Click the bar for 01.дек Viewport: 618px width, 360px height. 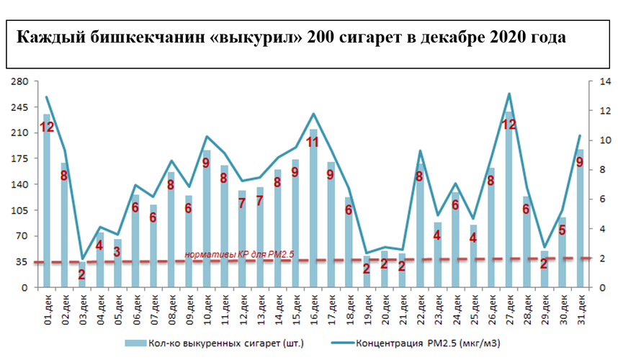point(47,202)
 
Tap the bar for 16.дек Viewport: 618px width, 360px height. point(313,209)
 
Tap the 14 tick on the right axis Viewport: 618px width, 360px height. point(596,81)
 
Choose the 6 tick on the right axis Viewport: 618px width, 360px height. point(595,199)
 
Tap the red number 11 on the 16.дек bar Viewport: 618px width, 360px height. point(313,142)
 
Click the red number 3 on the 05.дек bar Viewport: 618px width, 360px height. point(117,251)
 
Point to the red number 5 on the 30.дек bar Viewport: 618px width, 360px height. point(563,230)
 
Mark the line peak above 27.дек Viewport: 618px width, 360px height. point(509,94)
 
